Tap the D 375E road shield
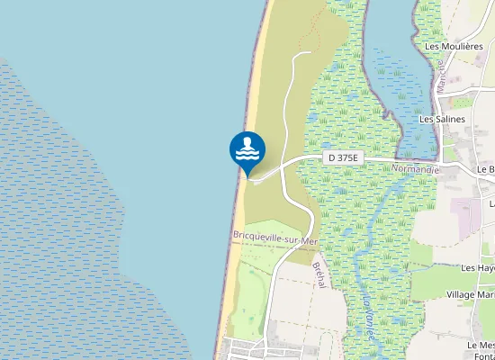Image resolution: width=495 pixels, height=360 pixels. click(343, 157)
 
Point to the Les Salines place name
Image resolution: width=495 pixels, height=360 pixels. click(443, 118)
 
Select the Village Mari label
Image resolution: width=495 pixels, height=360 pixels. click(471, 294)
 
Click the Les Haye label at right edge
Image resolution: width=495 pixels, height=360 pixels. click(478, 268)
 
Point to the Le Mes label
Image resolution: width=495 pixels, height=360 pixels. click(481, 345)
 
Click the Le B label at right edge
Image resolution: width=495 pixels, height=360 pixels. click(486, 168)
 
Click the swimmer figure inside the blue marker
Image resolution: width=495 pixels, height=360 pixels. click(247, 144)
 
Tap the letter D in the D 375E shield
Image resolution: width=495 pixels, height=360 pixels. click(332, 157)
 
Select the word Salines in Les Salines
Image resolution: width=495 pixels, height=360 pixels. click(450, 118)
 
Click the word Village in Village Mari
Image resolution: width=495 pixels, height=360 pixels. click(461, 294)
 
